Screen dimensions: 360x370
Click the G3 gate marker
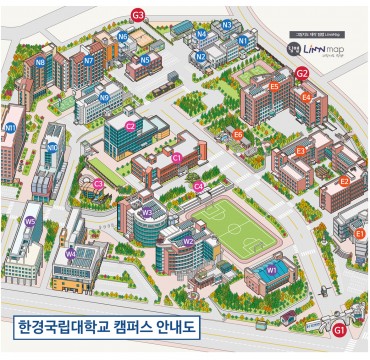[139, 14]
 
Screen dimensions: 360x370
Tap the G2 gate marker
[302, 73]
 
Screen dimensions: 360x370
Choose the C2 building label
[131, 126]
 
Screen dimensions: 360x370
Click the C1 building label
[177, 157]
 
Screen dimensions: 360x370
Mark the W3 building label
[148, 211]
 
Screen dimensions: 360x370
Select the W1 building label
[272, 270]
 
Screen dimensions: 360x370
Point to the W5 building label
[30, 221]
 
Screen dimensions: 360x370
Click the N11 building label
[11, 128]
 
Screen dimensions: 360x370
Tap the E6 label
[238, 134]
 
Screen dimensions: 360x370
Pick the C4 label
[199, 186]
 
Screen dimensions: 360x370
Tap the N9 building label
[105, 97]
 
